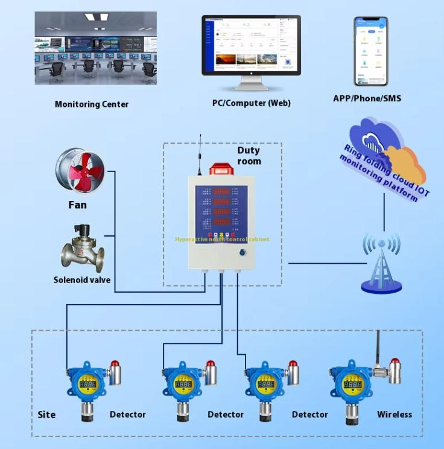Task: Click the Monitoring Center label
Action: pyautogui.click(x=92, y=104)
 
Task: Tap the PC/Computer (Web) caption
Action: pyautogui.click(x=251, y=103)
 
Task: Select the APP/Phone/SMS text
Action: pyautogui.click(x=367, y=98)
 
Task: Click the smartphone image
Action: pyautogui.click(x=371, y=51)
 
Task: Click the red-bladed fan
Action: pyautogui.click(x=81, y=171)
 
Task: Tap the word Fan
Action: pyautogui.click(x=77, y=205)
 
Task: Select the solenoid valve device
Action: pyautogui.click(x=82, y=248)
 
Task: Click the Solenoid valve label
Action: pyautogui.click(x=82, y=280)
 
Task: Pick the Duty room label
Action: pyautogui.click(x=249, y=156)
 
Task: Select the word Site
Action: pyautogui.click(x=46, y=415)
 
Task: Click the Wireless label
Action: pyautogui.click(x=395, y=415)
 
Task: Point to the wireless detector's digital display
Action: pyautogui.click(x=352, y=383)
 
